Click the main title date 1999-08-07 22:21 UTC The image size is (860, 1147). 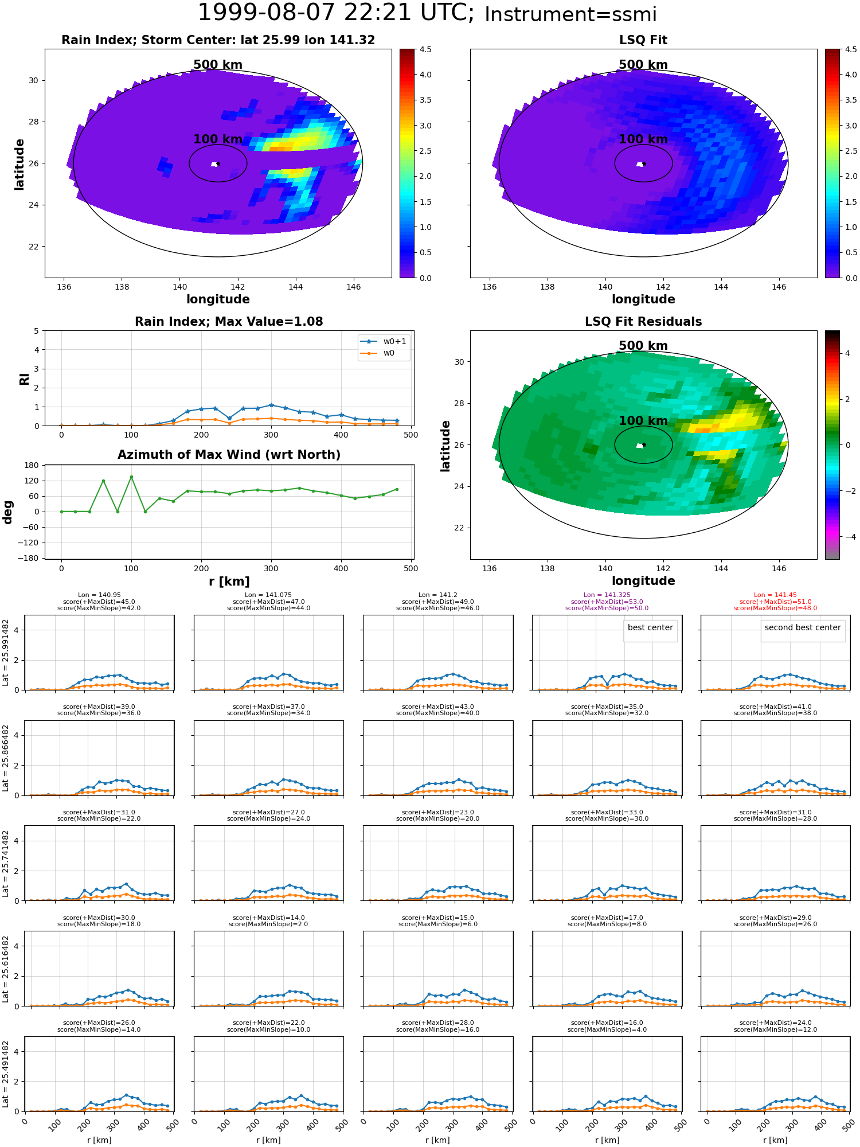tap(336, 13)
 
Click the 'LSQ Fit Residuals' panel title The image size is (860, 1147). tap(643, 322)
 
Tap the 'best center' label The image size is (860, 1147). tap(650, 627)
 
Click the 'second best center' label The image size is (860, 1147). tap(803, 627)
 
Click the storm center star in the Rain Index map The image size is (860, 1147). tap(218, 163)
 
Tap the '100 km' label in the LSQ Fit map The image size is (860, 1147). tap(643, 139)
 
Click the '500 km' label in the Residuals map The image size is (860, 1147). tap(643, 346)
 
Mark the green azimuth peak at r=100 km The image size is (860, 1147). tap(131, 477)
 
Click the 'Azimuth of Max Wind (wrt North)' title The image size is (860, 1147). tap(229, 455)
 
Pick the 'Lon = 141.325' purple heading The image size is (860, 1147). tap(607, 595)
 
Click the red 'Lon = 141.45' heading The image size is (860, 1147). tap(775, 595)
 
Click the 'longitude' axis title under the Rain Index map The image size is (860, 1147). tap(218, 299)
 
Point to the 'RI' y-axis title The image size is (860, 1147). tap(25, 379)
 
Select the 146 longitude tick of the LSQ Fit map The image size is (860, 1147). tap(779, 287)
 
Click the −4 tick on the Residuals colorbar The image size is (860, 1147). tap(847, 537)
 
